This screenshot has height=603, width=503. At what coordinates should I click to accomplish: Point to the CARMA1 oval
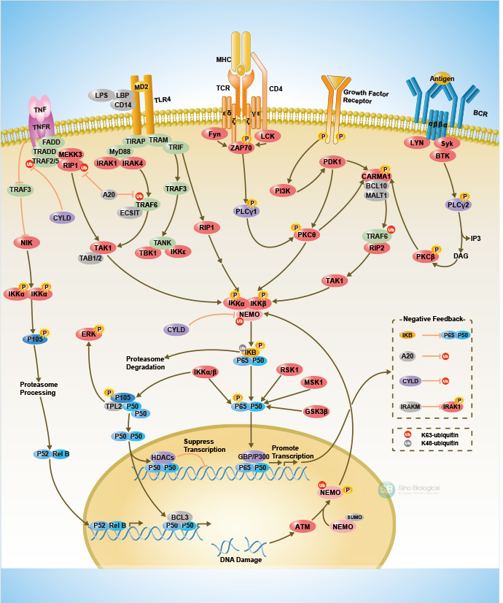[376, 176]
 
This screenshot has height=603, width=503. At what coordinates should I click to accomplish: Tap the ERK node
[88, 334]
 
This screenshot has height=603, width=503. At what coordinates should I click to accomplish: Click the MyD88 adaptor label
[120, 151]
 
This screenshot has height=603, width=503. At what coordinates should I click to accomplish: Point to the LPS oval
[98, 95]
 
